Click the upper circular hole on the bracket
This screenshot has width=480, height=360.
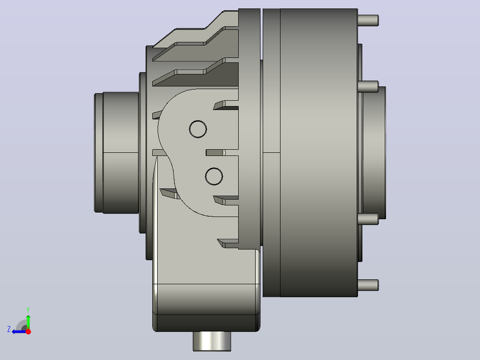pyautogui.click(x=198, y=129)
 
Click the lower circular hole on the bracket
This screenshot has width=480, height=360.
pyautogui.click(x=214, y=176)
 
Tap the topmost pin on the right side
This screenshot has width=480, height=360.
pyautogui.click(x=368, y=20)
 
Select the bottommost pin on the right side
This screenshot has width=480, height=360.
pyautogui.click(x=368, y=285)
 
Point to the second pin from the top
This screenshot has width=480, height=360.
pyautogui.click(x=368, y=86)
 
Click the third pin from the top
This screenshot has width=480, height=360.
pyautogui.click(x=368, y=219)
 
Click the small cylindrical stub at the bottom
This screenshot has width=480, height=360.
pyautogui.click(x=212, y=341)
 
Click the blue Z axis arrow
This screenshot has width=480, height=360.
pyautogui.click(x=19, y=331)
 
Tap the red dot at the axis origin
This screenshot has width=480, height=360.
pyautogui.click(x=28, y=331)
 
